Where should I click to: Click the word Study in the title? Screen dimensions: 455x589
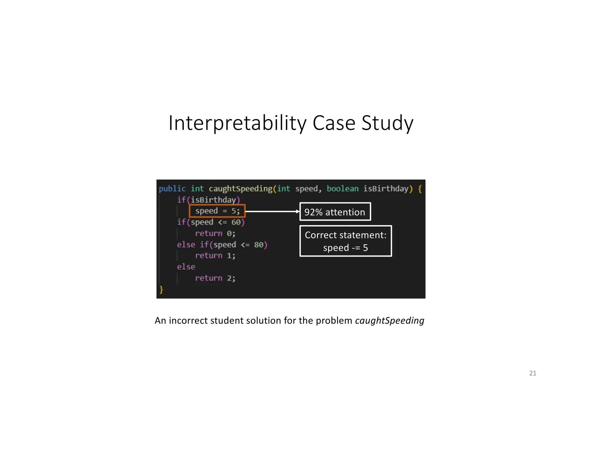[387, 123]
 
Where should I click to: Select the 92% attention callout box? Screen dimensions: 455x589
[335, 212]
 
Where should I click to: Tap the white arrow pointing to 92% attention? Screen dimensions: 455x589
[272, 211]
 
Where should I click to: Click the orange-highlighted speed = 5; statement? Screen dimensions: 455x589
[217, 211]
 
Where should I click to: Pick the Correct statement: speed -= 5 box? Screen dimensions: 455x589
[345, 241]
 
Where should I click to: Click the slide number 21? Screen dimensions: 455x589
[533, 373]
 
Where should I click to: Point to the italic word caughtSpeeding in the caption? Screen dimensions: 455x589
[389, 320]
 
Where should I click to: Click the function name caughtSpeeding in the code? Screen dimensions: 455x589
[240, 189]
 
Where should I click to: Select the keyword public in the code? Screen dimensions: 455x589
[172, 189]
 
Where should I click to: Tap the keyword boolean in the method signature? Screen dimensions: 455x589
[343, 189]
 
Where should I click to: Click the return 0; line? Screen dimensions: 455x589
[215, 233]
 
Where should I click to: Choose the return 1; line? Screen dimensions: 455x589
[215, 256]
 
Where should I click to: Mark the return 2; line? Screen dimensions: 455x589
[215, 278]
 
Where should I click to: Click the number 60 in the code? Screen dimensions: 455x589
[236, 222]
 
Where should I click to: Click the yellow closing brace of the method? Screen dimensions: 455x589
[161, 289]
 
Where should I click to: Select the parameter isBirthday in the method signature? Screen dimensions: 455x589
[386, 189]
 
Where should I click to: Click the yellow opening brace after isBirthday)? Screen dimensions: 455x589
[420, 189]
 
